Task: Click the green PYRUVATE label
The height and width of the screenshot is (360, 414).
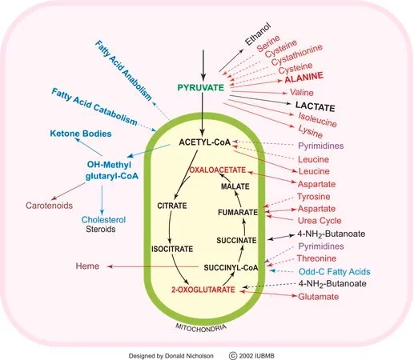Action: click(201, 88)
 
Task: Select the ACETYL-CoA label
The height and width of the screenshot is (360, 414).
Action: click(205, 142)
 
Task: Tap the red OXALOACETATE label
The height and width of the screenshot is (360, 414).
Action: click(217, 170)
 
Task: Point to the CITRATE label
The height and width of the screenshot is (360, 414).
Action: click(172, 206)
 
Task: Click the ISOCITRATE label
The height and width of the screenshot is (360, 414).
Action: click(172, 249)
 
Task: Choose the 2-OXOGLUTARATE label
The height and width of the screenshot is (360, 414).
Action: click(203, 290)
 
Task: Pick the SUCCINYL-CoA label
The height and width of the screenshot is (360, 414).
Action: click(231, 268)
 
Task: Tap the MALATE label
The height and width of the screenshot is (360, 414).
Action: click(235, 186)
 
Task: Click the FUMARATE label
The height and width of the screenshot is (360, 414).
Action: click(238, 213)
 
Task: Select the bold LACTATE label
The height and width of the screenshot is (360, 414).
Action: click(315, 106)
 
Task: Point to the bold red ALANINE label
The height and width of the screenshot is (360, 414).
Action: click(303, 78)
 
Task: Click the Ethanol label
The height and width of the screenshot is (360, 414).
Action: click(258, 34)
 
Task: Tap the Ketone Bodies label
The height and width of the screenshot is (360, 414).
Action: click(81, 134)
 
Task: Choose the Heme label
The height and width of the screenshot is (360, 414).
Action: click(87, 266)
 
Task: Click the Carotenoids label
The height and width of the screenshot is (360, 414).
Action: click(49, 206)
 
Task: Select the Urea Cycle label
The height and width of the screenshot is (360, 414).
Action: click(320, 221)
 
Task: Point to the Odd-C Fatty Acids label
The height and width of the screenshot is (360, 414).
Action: click(335, 272)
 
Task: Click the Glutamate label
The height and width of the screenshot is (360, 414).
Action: click(319, 297)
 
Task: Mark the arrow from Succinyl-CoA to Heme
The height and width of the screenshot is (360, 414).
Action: click(153, 266)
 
